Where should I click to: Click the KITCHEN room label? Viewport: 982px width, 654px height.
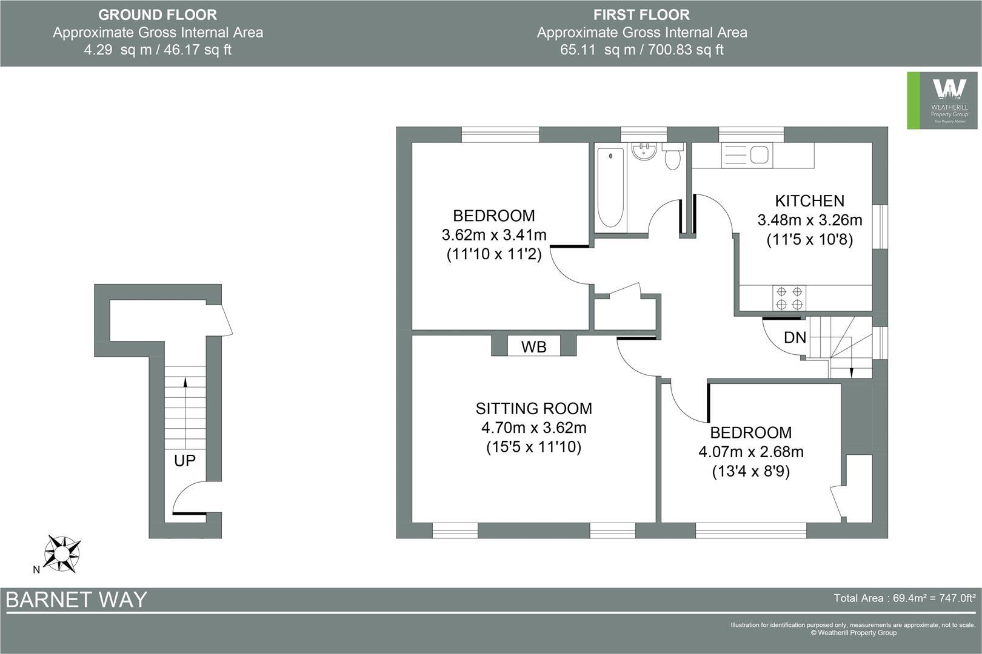[809, 200]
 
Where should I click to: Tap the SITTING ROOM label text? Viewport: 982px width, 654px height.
[533, 409]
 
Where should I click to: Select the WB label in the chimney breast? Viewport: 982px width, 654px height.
[533, 347]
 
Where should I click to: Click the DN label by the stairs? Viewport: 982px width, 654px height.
[795, 337]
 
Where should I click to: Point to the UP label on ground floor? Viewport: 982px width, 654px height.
[185, 461]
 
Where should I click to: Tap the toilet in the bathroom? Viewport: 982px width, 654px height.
[672, 159]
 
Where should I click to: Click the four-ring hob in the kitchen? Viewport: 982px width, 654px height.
[789, 298]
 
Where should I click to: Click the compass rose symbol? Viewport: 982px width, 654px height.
[62, 553]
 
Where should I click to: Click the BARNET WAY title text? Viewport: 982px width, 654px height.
[76, 599]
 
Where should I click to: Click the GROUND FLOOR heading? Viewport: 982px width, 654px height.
[158, 15]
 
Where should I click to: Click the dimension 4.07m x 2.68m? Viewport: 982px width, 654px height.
[751, 452]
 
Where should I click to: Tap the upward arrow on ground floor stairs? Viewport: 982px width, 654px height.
[185, 381]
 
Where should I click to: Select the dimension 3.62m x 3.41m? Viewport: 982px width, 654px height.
[494, 235]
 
